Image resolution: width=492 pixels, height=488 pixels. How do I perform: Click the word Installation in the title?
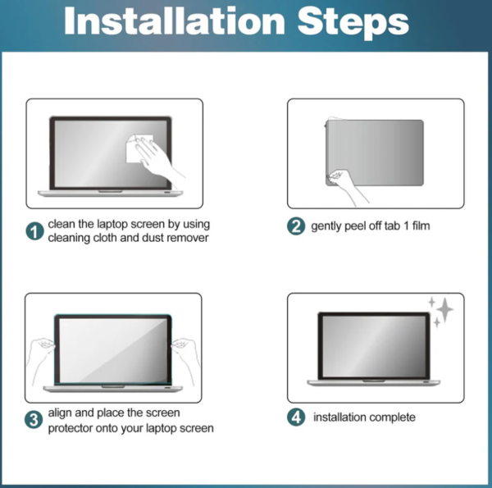coord(175,21)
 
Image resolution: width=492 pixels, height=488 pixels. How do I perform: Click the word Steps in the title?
coord(353,23)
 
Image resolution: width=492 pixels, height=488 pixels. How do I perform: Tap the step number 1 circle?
coord(34,231)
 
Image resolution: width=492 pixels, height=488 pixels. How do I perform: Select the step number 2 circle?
coord(296,226)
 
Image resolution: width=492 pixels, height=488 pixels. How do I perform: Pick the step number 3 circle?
coord(34,420)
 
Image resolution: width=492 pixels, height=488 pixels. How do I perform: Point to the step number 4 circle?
coord(296,417)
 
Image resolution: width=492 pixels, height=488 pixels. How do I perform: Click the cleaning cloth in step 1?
coord(139,148)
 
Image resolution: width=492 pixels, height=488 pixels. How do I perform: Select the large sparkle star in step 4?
coord(445,309)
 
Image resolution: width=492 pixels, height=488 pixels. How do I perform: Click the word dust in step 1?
coord(152,238)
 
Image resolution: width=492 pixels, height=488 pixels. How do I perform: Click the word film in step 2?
coord(421,226)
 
